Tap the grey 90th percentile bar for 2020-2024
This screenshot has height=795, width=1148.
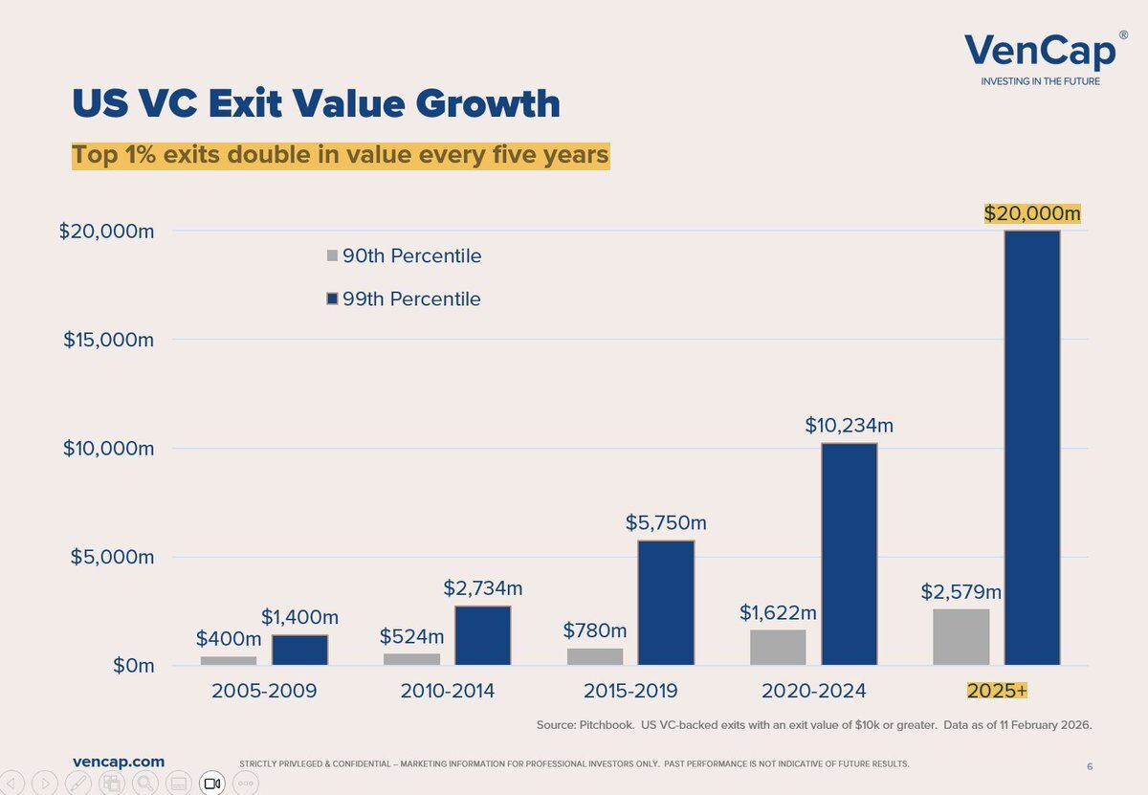point(778,647)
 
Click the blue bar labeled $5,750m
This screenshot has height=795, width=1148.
point(666,603)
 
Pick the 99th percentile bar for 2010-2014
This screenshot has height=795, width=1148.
point(482,635)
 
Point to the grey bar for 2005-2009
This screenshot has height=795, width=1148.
point(229,660)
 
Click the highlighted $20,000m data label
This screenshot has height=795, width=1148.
point(1032,213)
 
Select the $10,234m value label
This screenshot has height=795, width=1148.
point(849,425)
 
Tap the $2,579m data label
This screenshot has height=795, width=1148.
point(960,591)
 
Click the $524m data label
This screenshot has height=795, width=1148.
point(411,636)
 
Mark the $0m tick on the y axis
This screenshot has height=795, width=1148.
point(128,666)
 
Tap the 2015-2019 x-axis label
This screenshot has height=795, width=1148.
point(631,691)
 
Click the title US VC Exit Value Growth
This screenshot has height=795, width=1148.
point(316,103)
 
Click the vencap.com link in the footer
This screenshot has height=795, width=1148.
point(119,762)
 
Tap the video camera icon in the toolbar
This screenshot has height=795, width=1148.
point(212,784)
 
